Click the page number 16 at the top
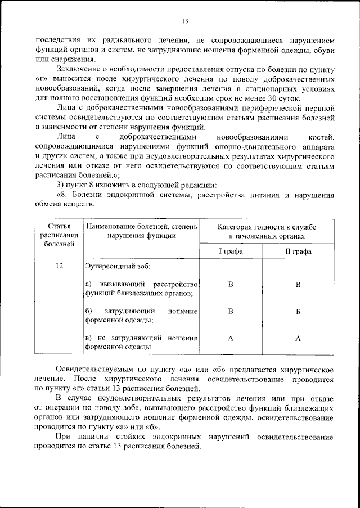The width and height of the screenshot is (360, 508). pos(185,22)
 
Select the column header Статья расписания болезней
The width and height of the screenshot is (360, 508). pos(59,235)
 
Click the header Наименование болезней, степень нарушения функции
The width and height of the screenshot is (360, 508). pos(142,231)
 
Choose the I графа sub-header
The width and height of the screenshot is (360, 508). pos(231,251)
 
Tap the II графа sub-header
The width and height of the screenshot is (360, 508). pos(298,251)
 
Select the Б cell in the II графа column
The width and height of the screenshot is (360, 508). pos(298,311)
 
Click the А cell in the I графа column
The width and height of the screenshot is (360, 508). pos(231,338)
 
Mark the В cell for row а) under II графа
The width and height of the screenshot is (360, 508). pos(298,285)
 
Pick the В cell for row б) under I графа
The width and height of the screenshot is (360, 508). pos(231,311)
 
